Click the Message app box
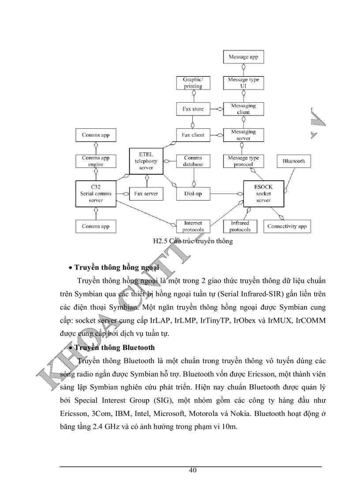tap(243, 57)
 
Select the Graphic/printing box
tap(193, 83)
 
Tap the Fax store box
tap(193, 109)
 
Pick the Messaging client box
tap(243, 109)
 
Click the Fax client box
tap(193, 135)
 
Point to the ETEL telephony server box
tap(146, 161)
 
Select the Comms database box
tap(193, 161)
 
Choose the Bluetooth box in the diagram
tap(293, 161)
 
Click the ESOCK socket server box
tap(263, 194)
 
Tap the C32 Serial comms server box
tap(96, 194)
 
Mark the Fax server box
tap(146, 194)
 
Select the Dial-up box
tap(193, 194)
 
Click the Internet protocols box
tap(193, 226)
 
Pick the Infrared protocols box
tap(240, 226)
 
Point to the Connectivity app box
tap(287, 227)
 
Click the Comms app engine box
tap(96, 161)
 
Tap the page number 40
tap(192, 470)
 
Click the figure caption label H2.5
tap(161, 241)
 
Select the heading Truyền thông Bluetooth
tap(114, 347)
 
